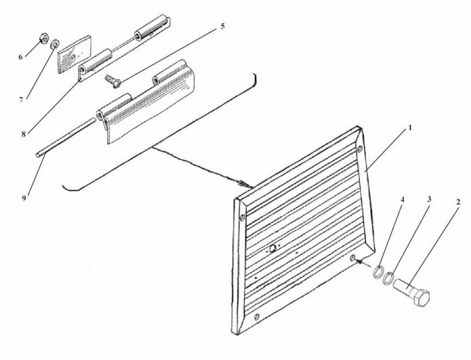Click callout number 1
tap(410, 128)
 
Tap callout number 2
tap(458, 202)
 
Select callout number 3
tap(430, 199)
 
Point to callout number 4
tap(403, 199)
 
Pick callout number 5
tap(222, 26)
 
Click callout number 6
tap(20, 57)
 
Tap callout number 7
tap(21, 100)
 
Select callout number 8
tap(24, 134)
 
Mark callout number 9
tap(24, 198)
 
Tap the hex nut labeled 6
tap(44, 39)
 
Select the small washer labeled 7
tap(55, 44)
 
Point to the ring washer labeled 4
tap(379, 271)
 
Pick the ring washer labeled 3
tap(389, 278)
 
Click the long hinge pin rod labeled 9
tap(65, 138)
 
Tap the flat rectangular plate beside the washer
tap(74, 54)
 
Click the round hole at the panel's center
tap(273, 249)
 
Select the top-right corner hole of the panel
tap(360, 148)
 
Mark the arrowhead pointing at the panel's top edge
tap(245, 184)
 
